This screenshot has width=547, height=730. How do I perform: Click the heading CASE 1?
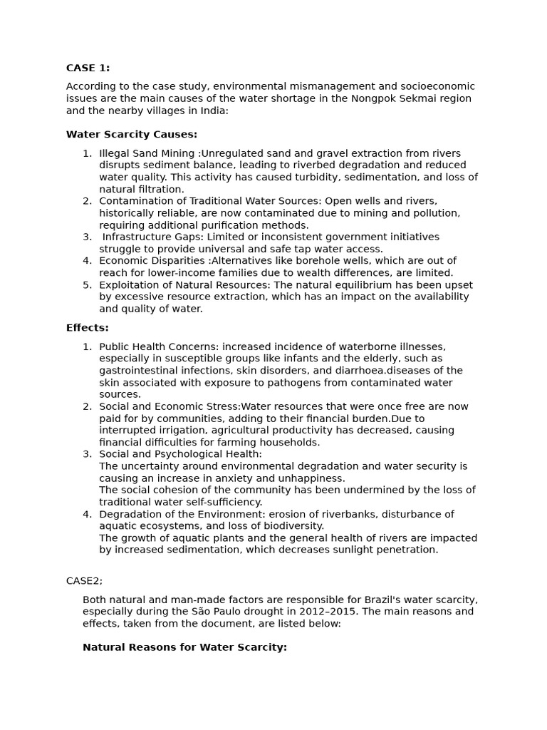88,68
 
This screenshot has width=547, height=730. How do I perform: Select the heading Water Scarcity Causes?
132,134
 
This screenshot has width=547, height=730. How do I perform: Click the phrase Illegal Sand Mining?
149,153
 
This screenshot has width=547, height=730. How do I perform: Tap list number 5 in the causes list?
87,284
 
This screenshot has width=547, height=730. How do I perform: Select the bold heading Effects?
88,328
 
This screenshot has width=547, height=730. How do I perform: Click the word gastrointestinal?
140,371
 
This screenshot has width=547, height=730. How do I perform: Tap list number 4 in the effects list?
87,514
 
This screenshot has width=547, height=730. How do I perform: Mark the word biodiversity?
293,525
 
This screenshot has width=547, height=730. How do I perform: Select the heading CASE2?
84,581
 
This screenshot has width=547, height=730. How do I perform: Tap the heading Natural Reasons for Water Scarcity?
184,647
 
